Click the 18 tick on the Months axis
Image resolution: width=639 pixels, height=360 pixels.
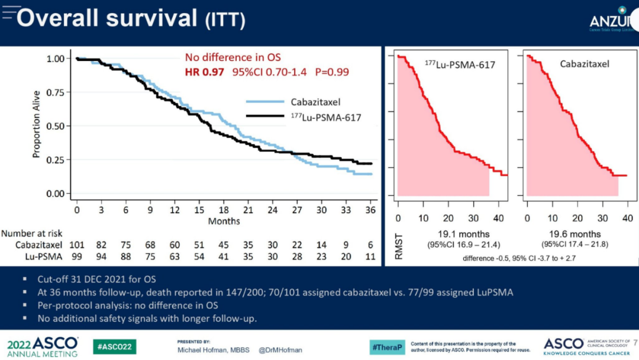pyautogui.click(x=224, y=210)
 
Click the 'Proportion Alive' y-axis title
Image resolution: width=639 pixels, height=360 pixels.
pyautogui.click(x=37, y=124)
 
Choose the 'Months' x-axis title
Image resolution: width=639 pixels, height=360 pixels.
pyautogui.click(x=224, y=221)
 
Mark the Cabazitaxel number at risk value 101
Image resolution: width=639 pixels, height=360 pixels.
pyautogui.click(x=77, y=245)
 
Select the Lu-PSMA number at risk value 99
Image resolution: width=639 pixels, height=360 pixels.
pyautogui.click(x=77, y=256)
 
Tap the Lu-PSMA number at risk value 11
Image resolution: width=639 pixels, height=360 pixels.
pyautogui.click(x=370, y=256)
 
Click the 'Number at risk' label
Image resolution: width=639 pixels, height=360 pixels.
pyautogui.click(x=32, y=233)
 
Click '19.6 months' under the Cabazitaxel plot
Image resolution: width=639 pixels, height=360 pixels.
pyautogui.click(x=577, y=234)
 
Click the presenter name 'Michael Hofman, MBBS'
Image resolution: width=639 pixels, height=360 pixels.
pyautogui.click(x=212, y=350)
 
